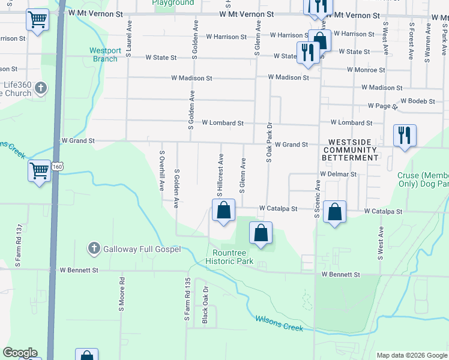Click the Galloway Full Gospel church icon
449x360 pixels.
click(94, 248)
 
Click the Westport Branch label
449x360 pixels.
click(105, 55)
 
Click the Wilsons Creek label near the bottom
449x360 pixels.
click(279, 323)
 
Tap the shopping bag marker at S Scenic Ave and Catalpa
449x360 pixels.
click(334, 212)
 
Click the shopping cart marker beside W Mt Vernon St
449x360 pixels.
click(38, 20)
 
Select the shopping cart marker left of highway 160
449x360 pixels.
click(40, 170)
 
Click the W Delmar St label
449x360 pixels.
click(339, 174)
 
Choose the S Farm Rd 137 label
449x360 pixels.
click(19, 245)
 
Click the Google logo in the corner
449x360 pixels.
click(20, 353)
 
